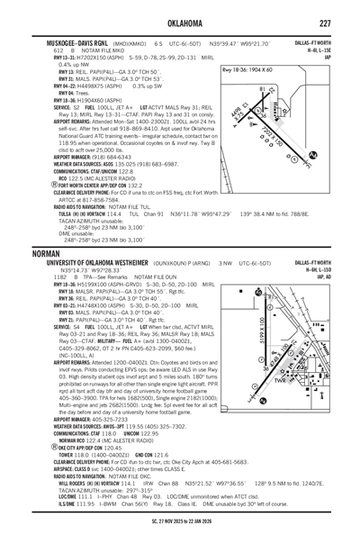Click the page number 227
pos(340,21)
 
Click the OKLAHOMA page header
pos(179,21)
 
